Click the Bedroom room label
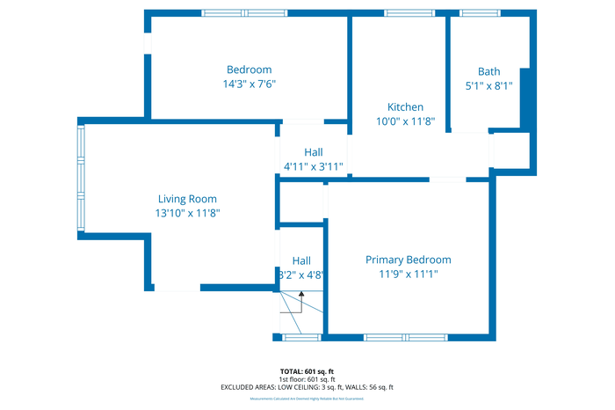pos(249,70)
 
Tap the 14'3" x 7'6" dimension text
pos(249,84)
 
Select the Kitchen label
pos(400,107)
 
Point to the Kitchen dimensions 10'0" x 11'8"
pos(400,122)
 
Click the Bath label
pos(489,71)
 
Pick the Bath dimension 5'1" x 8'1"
pos(489,86)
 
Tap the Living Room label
pos(187,199)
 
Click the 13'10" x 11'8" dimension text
pos(187,214)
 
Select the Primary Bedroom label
pos(409,260)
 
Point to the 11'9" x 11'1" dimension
pos(409,275)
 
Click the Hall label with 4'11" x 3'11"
pos(314,152)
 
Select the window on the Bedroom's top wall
pos(243,12)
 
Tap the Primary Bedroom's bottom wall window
pos(406,337)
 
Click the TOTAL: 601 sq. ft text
pos(307,371)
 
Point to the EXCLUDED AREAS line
pos(307,387)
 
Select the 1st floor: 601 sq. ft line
pos(307,379)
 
